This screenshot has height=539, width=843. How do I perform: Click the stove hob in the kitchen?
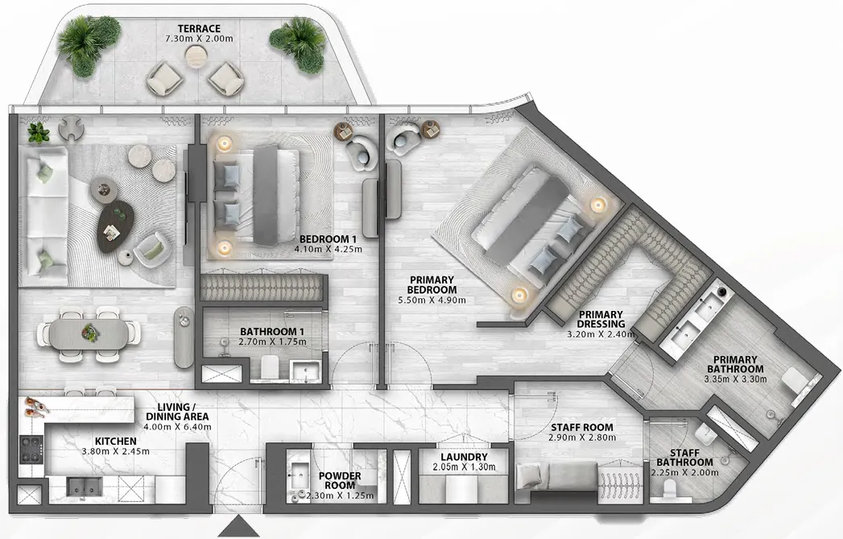pyautogui.click(x=31, y=450)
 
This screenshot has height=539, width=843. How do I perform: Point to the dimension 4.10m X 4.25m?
pyautogui.click(x=328, y=250)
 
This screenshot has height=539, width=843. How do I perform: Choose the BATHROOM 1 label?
pyautogui.click(x=273, y=331)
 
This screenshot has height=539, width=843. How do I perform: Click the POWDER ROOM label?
pyautogui.click(x=341, y=476)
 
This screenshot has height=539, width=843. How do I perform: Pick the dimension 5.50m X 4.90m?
pyautogui.click(x=432, y=300)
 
